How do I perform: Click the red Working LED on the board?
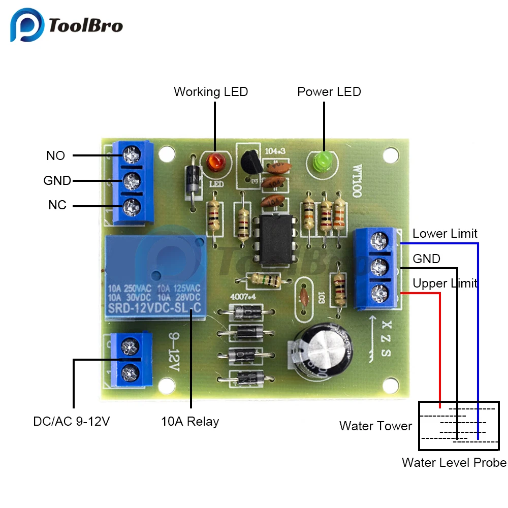pos(214,163)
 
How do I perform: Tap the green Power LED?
pos(322,162)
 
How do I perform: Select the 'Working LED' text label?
pos(211,92)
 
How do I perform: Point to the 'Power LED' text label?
pos(329,92)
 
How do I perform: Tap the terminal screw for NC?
pos(132,206)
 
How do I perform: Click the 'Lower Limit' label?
pos(445,234)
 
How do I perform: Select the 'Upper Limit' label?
pos(445,283)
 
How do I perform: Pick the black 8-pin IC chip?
pos(275,240)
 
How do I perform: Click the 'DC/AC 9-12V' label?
pos(72,421)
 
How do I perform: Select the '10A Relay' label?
pos(190,421)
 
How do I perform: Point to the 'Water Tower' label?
pos(375,426)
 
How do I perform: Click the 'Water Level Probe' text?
pos(454,462)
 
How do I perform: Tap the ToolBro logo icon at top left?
pos(28,26)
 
